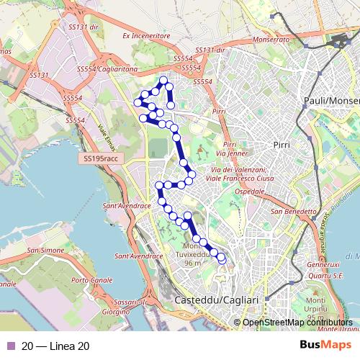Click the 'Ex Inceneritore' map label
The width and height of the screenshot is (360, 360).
(145, 35)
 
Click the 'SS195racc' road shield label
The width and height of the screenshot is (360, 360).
(99, 158)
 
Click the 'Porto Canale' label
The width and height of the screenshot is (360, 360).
(89, 280)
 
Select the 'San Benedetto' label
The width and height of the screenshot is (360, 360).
(294, 212)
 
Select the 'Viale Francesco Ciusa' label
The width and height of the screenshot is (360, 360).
(237, 174)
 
